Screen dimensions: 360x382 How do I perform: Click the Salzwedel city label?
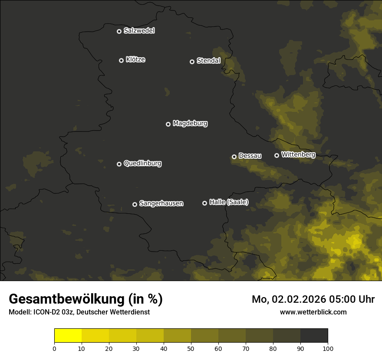click(139, 31)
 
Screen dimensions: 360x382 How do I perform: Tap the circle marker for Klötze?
click(121, 60)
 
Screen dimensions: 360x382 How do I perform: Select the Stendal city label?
click(208, 61)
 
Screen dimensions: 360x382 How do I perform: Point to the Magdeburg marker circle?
click(168, 124)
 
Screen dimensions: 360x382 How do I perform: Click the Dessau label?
click(250, 156)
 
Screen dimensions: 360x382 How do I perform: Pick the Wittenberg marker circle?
click(277, 155)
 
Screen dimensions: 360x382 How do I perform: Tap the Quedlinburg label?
click(142, 164)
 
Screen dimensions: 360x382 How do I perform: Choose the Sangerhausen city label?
click(161, 203)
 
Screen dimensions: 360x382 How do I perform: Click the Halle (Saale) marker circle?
click(204, 203)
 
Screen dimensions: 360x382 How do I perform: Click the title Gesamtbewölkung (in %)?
click(86, 299)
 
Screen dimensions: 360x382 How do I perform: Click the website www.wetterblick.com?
click(313, 312)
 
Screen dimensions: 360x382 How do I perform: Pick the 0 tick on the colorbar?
click(54, 348)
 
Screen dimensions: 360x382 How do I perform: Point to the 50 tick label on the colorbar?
click(191, 348)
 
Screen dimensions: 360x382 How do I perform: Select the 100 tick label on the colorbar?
click(328, 348)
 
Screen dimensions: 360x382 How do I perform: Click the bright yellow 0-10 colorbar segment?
click(68, 336)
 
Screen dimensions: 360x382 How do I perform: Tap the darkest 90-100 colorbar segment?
click(314, 336)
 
